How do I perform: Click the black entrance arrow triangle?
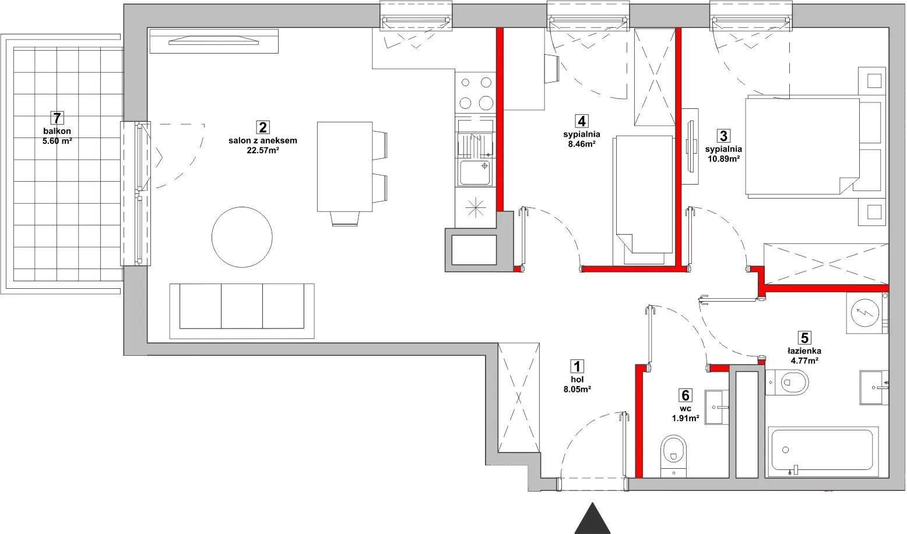point(592,520)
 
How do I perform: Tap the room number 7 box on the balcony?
point(57,118)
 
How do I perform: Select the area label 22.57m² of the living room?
point(263,150)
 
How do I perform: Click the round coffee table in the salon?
point(242,237)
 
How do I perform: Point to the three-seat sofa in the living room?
point(242,311)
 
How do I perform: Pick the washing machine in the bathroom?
point(867,313)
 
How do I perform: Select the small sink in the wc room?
point(717,407)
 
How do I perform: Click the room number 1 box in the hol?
point(577,366)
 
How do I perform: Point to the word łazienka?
point(804,351)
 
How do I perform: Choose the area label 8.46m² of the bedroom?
point(582,144)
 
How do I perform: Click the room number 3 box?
point(723,136)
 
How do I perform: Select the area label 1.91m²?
point(685,418)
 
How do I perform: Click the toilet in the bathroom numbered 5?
point(788,381)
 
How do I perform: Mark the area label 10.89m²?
point(723,159)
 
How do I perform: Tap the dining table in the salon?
point(344,167)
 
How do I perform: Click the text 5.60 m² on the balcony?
point(57,141)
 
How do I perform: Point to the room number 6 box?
point(685,395)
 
